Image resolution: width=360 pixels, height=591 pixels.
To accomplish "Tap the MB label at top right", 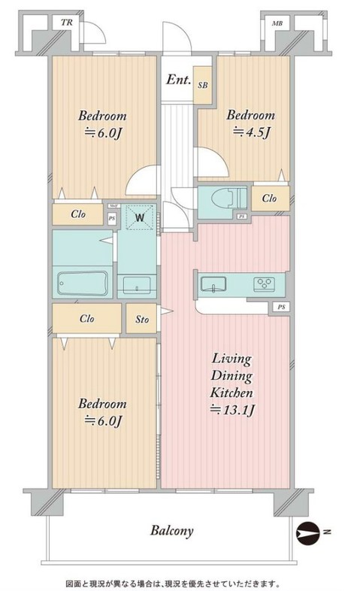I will point(277,24).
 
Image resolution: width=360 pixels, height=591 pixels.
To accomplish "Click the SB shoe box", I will point(203,86).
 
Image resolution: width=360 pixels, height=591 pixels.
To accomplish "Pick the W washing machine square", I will point(140,219).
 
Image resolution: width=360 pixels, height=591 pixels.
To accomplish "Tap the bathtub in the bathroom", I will point(82,283).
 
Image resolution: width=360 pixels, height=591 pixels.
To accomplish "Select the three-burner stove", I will point(265,284).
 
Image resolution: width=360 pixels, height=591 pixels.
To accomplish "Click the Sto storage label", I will point(141,320).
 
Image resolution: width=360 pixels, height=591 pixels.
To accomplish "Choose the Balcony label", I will point(171,530).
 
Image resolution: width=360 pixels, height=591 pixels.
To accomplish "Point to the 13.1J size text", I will point(232,410).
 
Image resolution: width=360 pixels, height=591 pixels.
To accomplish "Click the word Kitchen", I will point(231,393).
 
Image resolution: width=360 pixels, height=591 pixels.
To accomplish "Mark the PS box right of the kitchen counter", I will point(280,307).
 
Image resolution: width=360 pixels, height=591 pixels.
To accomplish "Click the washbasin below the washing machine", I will point(136,283).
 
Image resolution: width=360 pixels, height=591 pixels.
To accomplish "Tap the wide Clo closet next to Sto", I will point(86,318).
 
